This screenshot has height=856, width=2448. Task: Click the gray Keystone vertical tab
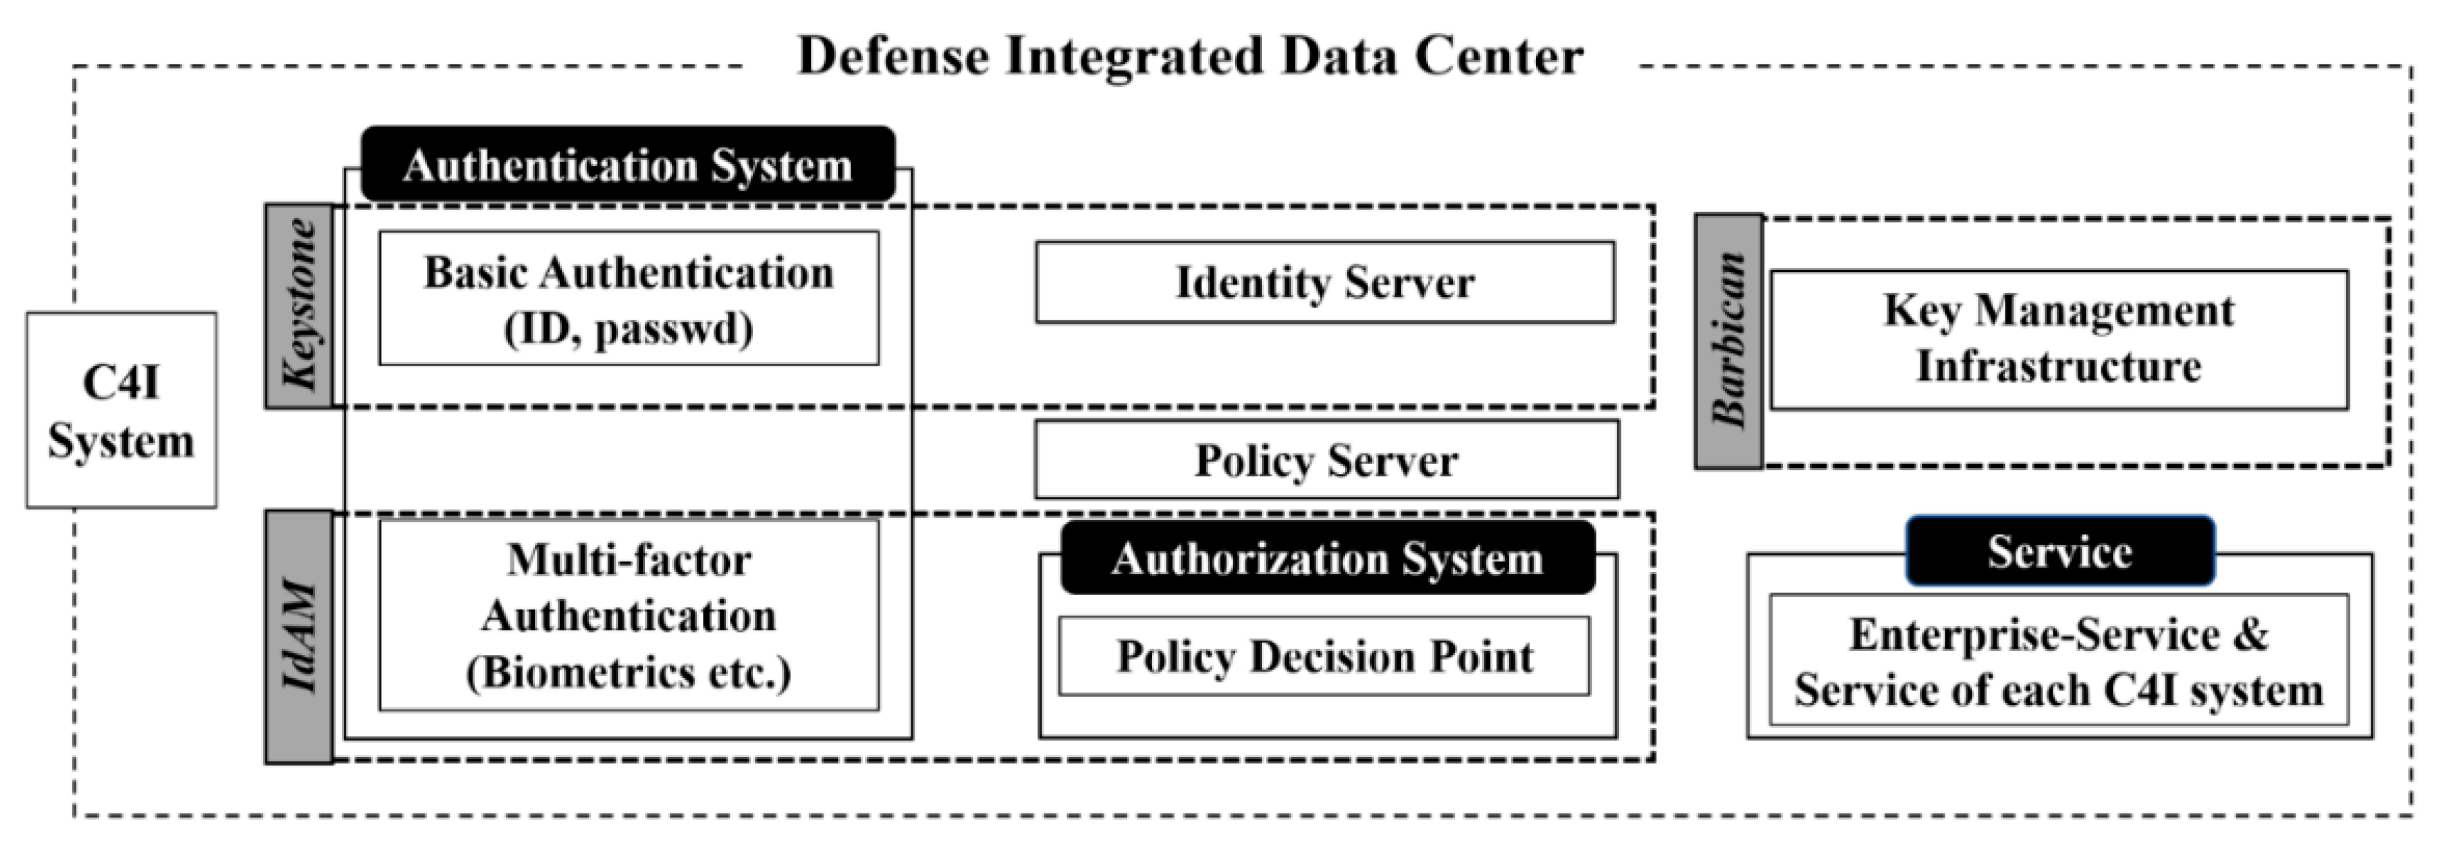299,306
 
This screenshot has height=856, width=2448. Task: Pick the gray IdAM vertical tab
299,637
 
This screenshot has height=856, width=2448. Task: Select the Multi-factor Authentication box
628,615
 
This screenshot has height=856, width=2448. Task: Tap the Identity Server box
1324,282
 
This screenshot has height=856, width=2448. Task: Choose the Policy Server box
1326,460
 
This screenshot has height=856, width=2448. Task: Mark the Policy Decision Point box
1324,656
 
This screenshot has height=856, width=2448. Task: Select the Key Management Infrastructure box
2059,339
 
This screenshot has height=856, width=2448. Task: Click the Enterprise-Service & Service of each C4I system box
2059,662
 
